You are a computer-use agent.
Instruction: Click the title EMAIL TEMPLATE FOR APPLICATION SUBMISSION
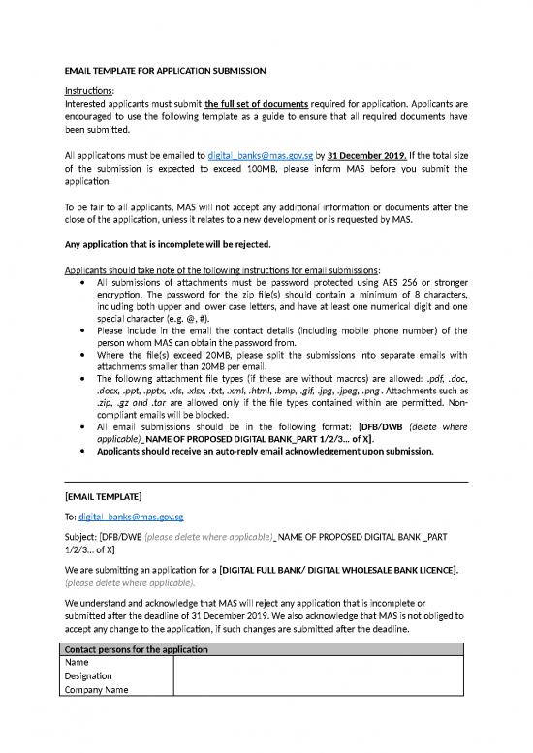164,71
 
